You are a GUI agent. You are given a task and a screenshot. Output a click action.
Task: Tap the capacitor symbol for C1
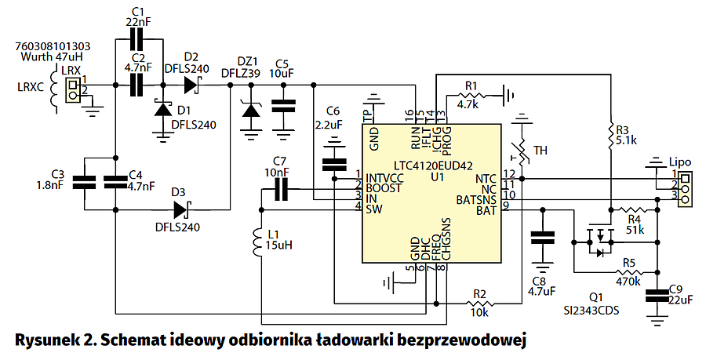(x=138, y=38)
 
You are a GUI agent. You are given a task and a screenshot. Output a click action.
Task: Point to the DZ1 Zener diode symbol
(x=251, y=111)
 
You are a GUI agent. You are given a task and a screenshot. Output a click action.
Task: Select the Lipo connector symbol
(x=686, y=186)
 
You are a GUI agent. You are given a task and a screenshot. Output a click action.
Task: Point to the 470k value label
(x=628, y=281)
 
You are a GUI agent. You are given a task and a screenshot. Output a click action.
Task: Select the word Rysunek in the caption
(x=47, y=340)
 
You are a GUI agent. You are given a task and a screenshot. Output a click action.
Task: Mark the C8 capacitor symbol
(x=540, y=240)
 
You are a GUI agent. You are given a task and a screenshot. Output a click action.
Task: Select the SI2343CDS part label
(x=599, y=311)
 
